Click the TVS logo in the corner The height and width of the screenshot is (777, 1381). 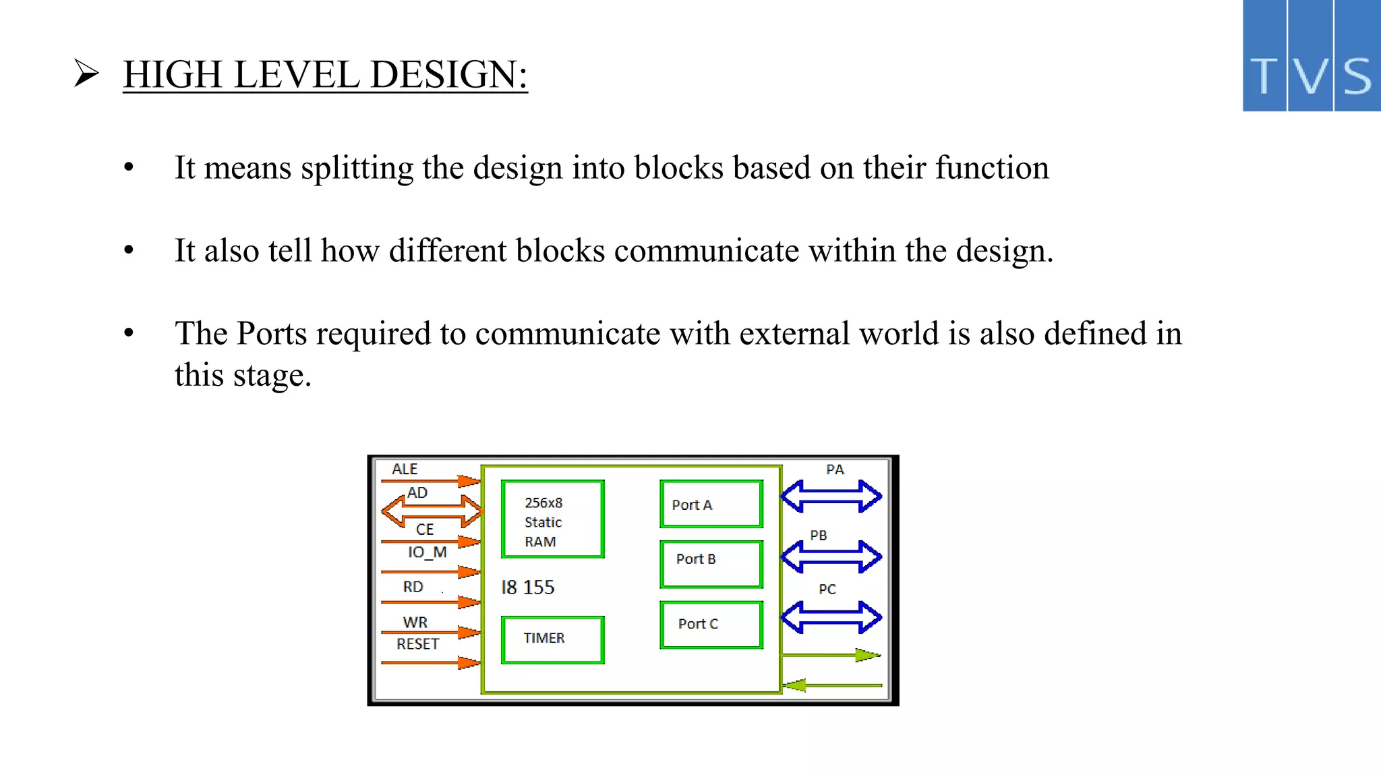(1311, 55)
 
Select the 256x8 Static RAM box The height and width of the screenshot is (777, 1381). (552, 519)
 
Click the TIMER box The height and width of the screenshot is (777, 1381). (552, 639)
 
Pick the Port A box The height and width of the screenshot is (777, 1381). (711, 504)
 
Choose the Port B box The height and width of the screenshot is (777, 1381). (711, 564)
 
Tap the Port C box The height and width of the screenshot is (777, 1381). (711, 625)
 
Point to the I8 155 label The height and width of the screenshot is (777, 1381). (527, 587)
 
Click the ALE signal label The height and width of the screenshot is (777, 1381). (405, 469)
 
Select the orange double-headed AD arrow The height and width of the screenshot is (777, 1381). (432, 511)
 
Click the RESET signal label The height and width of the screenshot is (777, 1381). (417, 644)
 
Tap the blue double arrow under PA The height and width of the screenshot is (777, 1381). (831, 496)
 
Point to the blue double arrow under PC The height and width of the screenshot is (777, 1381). (831, 617)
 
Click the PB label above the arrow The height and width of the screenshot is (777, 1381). (818, 536)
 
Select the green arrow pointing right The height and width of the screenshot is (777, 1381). (831, 655)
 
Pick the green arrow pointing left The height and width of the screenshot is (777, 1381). (831, 685)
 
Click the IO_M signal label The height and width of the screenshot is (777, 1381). (427, 552)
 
